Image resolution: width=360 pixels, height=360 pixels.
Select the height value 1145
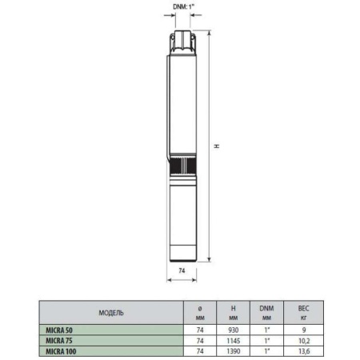233,338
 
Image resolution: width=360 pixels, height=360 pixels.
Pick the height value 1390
233,350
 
